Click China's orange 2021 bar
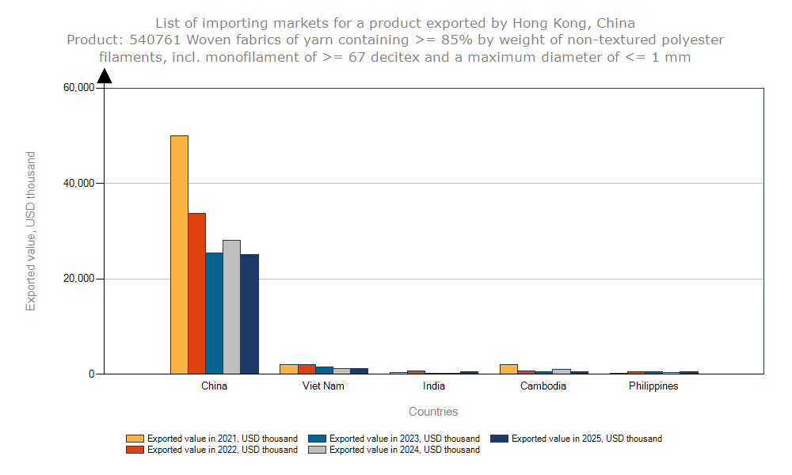coord(179,254)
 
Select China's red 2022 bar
coord(196,293)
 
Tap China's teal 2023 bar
coord(214,313)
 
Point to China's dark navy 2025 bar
coord(249,313)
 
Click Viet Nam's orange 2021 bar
coord(288,369)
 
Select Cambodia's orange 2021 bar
coord(508,369)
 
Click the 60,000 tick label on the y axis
coord(78,88)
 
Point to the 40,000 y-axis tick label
coord(78,184)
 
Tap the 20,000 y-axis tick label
coord(78,279)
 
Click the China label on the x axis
coord(214,386)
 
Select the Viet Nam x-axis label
coord(323,386)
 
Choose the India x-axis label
coord(434,386)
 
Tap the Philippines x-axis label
coord(653,386)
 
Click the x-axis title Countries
coord(433,412)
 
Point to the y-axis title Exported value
coord(31,231)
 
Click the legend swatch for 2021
coord(135,439)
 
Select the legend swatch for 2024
coord(318,450)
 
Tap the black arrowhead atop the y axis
coord(104,75)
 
